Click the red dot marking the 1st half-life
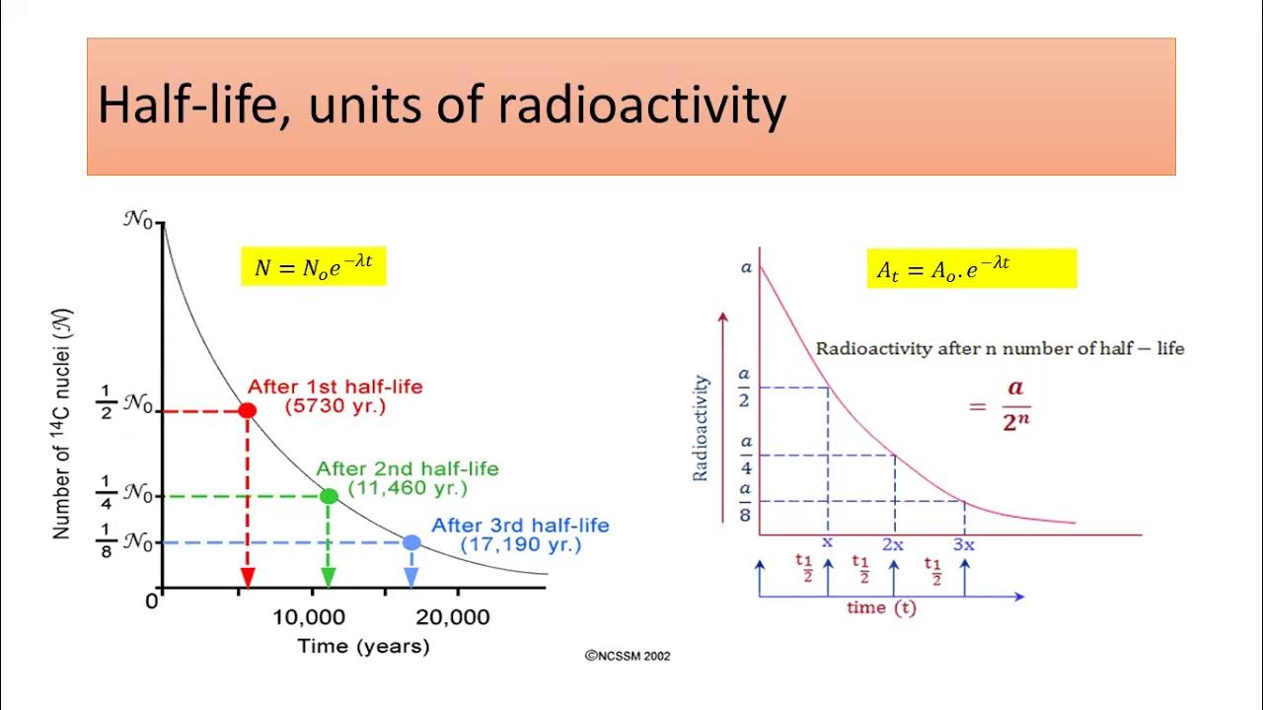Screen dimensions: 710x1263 [248, 410]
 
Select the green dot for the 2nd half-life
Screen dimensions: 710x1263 [329, 496]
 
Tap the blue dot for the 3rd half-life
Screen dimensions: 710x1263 [411, 542]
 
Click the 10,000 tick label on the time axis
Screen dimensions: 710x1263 [310, 617]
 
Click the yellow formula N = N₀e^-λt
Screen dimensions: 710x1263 [313, 267]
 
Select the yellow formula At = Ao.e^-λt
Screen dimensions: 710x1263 [943, 268]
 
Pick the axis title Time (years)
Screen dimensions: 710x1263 [363, 647]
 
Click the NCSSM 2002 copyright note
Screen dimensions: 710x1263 [628, 656]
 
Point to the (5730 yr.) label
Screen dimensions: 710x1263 [334, 405]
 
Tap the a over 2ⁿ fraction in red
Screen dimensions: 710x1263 [1015, 405]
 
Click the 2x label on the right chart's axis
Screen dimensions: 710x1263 [894, 544]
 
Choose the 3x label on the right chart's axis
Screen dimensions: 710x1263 [964, 544]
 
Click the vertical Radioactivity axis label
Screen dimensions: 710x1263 [701, 427]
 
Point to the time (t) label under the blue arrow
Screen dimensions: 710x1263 [881, 608]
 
